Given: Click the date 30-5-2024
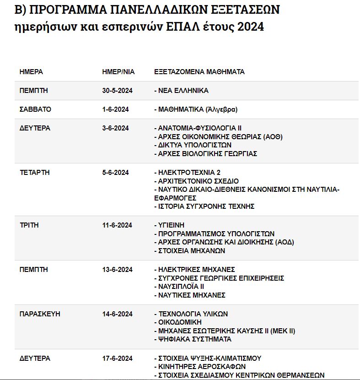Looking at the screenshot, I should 117,91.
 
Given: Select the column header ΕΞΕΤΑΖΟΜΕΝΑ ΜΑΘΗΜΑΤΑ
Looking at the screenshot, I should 199,72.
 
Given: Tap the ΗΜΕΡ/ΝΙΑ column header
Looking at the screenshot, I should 118,72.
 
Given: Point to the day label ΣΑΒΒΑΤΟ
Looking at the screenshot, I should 35,109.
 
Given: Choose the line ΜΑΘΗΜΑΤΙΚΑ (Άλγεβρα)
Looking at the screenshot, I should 196,109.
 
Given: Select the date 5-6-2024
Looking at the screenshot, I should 115,173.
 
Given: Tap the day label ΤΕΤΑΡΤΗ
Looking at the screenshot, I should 34,173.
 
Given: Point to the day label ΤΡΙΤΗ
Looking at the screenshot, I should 29,225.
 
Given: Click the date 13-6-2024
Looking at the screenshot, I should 117,270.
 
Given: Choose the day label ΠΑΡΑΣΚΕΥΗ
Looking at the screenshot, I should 40,314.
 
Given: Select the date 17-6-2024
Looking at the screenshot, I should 117,358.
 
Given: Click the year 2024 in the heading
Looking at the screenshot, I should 251,27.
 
